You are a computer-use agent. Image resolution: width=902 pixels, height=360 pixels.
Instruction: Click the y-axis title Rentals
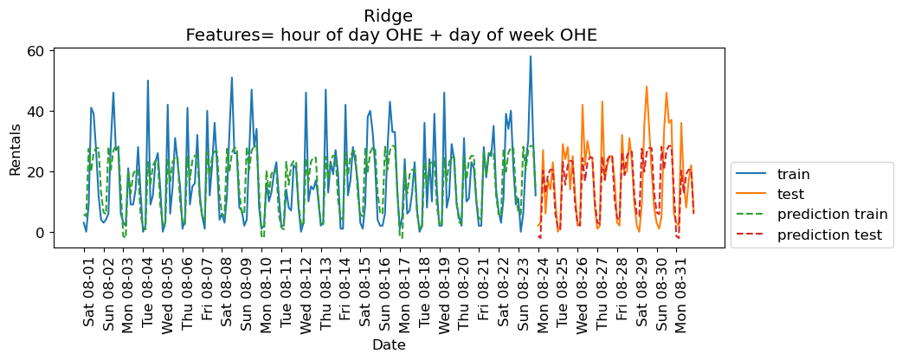coord(16,147)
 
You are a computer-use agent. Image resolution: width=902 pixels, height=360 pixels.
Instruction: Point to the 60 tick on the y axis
coord(35,50)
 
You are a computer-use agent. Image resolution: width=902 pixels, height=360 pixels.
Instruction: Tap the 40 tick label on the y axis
coord(35,111)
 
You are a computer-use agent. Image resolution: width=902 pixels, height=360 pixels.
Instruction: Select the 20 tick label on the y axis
coord(35,171)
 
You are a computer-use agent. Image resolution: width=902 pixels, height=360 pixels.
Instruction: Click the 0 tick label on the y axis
coord(39,232)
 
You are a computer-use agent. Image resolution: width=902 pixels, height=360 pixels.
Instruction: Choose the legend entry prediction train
coord(832,214)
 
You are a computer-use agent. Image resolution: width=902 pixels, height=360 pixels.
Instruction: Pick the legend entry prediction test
coord(829,235)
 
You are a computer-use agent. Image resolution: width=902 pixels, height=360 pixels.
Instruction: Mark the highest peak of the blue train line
coord(531,56)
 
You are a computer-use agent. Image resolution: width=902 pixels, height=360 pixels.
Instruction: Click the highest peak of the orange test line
coord(647,87)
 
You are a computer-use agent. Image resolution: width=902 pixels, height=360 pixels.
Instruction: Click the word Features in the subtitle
coord(219,35)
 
